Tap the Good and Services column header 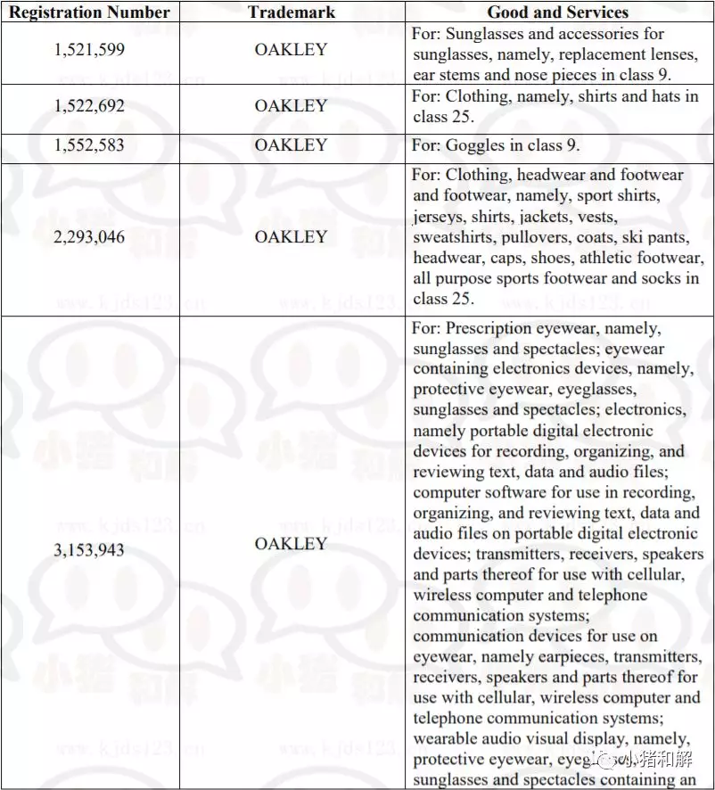[558, 12]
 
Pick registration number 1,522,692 [89, 106]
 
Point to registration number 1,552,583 [89, 145]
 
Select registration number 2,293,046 [89, 237]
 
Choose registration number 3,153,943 [89, 550]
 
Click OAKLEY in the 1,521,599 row [291, 50]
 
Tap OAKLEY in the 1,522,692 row [291, 106]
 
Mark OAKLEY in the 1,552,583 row [291, 145]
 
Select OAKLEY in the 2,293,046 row [291, 237]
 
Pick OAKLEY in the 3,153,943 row [291, 543]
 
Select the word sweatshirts [455, 237]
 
